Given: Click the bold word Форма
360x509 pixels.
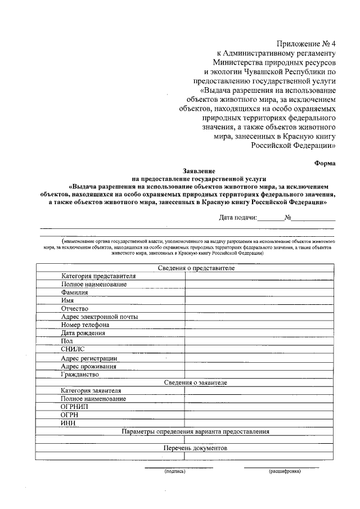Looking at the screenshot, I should [325, 163].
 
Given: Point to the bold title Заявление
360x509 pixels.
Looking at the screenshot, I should [199, 170].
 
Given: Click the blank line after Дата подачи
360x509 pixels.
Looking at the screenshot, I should [271, 218].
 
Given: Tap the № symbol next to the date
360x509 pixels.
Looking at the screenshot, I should [287, 217].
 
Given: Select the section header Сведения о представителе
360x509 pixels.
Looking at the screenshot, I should [196, 268].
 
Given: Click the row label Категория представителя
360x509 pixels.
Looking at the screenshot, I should [98, 276].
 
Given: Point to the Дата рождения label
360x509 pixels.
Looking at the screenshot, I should [83, 333].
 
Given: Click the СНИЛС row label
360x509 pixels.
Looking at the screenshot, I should [73, 349].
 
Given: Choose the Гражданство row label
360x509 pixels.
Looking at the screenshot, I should [80, 374].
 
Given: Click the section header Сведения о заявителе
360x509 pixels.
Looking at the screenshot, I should [196, 382].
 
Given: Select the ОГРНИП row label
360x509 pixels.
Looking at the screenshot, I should [75, 407].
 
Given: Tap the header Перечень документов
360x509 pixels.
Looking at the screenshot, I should [195, 449].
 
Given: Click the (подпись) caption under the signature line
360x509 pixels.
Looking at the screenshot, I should [174, 471].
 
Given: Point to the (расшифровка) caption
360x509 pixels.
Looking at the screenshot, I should [285, 471].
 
